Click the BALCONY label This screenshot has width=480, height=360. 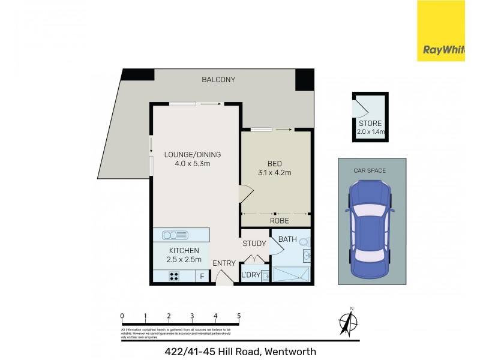218,80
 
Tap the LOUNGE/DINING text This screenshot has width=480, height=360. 187,154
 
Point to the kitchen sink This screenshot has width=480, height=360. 180,235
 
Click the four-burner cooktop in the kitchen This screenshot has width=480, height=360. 175,277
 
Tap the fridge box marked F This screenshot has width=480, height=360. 202,277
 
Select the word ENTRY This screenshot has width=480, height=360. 224,263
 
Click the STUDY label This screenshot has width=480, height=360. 254,244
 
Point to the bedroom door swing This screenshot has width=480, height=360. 246,193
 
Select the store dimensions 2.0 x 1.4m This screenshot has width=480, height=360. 370,131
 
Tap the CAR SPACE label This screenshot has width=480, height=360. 370,170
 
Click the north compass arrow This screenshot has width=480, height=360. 347,323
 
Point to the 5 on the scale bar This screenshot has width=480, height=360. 239,316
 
